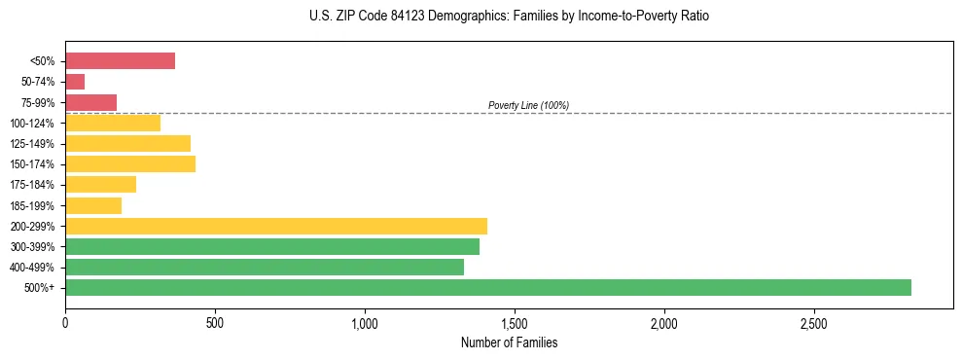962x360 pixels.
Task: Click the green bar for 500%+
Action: (x=487, y=287)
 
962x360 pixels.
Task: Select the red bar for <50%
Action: (x=120, y=60)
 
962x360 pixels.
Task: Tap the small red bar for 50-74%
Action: (x=75, y=82)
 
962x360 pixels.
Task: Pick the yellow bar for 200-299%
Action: (x=275, y=226)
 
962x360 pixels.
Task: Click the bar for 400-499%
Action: (x=264, y=267)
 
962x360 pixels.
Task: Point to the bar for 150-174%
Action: (x=130, y=163)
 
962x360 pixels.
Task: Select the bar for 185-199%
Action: (x=93, y=205)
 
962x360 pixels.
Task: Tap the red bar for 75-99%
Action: (x=90, y=102)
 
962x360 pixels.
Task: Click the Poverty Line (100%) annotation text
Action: (x=528, y=105)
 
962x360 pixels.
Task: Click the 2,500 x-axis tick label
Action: (x=813, y=322)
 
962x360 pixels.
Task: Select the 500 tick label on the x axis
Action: (x=215, y=322)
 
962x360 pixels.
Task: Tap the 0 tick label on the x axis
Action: (x=65, y=322)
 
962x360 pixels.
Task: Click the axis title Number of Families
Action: (x=509, y=342)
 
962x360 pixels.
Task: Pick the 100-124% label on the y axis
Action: (x=32, y=124)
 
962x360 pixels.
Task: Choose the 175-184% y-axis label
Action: (x=32, y=185)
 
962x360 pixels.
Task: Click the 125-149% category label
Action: (x=32, y=144)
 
